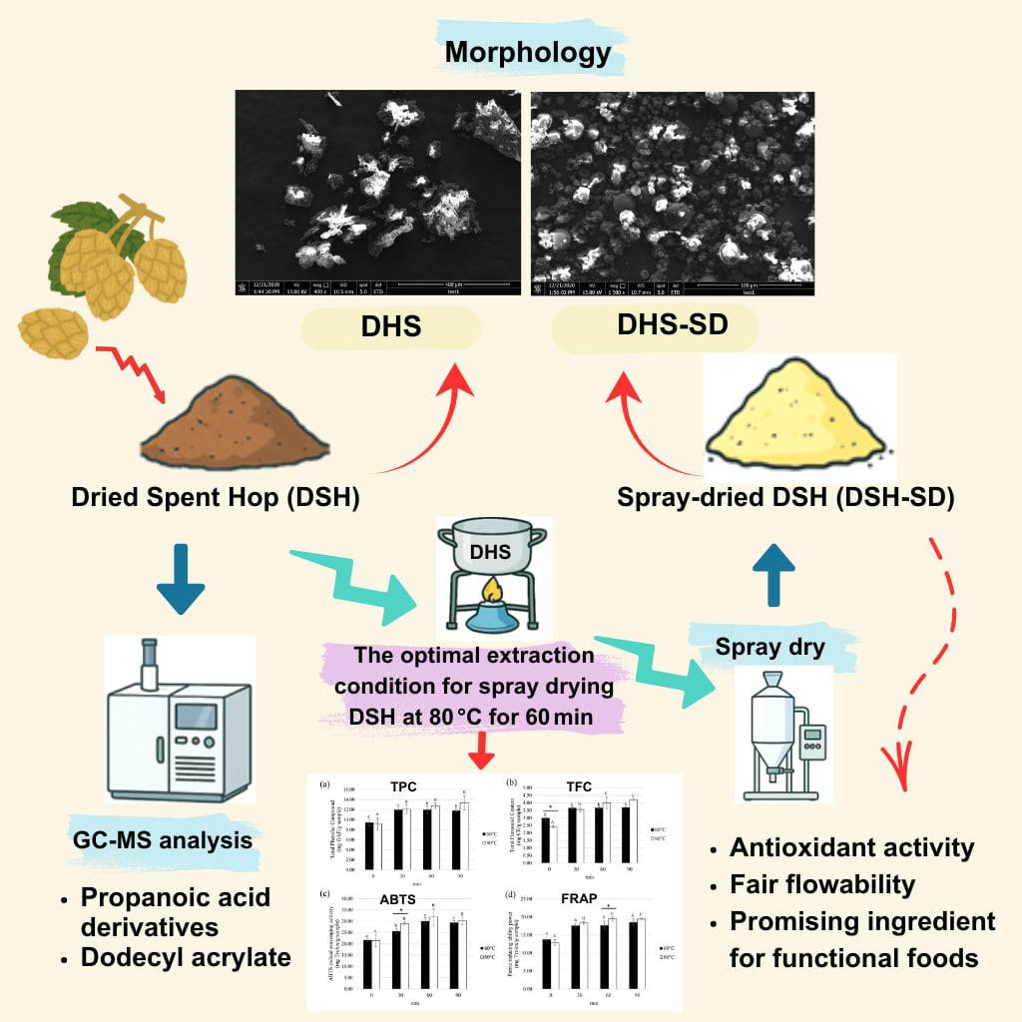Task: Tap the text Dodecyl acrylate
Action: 187,957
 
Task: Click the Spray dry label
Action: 770,647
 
